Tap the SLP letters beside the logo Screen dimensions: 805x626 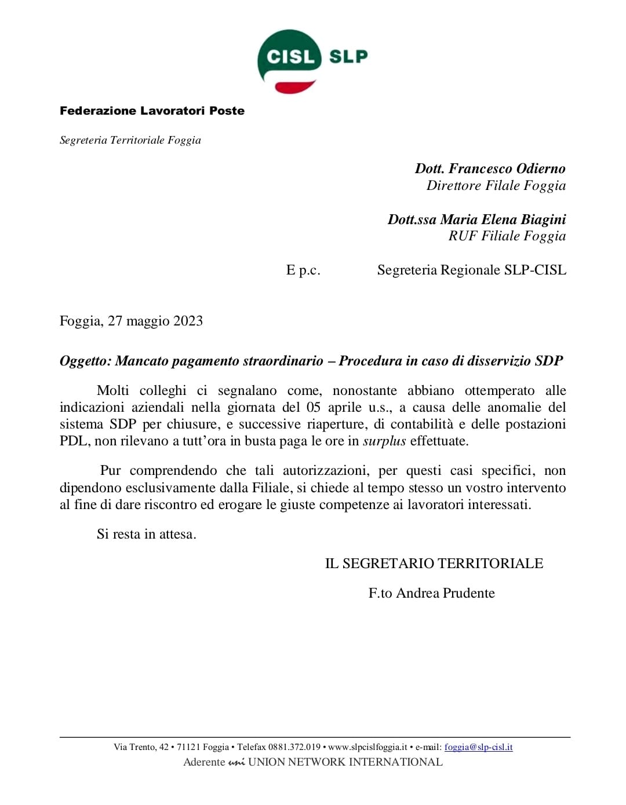click(x=348, y=56)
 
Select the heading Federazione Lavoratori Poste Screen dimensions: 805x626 click(x=152, y=111)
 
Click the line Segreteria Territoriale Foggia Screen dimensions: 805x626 click(x=130, y=140)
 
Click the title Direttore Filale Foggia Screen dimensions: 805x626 click(x=496, y=185)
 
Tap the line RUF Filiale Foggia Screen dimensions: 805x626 click(x=507, y=236)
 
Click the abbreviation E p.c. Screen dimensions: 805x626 click(x=303, y=270)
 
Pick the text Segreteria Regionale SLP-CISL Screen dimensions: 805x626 click(x=471, y=270)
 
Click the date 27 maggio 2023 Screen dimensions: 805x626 click(x=155, y=321)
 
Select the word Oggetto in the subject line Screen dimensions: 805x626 click(x=85, y=361)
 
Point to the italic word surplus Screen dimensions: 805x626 click(x=384, y=441)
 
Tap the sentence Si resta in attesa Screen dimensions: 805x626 click(x=147, y=534)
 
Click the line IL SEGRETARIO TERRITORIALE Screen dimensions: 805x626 click(x=434, y=563)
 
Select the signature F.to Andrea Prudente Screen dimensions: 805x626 click(x=432, y=593)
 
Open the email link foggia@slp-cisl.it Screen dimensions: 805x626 click(x=478, y=747)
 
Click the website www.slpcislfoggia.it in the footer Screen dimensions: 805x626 click(x=367, y=747)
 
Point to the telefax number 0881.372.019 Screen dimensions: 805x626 click(x=294, y=747)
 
